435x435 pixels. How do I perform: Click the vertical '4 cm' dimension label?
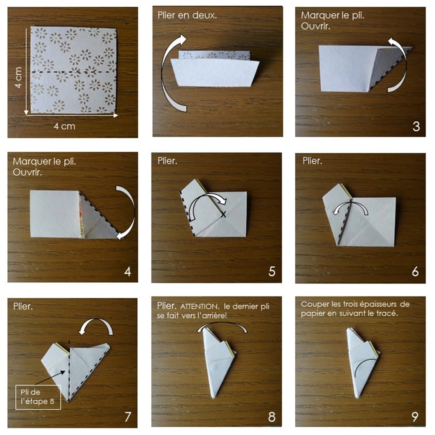click(x=18, y=77)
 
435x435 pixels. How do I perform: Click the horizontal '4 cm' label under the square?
click(x=64, y=126)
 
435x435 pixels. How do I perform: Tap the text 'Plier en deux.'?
click(x=187, y=15)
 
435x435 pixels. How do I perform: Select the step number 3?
click(x=416, y=127)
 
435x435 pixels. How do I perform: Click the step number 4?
click(x=128, y=271)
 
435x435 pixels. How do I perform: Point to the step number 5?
click(x=272, y=271)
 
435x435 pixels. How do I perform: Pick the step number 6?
click(x=415, y=271)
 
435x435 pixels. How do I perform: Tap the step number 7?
click(x=128, y=417)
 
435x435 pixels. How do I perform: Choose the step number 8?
click(x=272, y=417)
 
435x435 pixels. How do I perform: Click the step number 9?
click(x=415, y=417)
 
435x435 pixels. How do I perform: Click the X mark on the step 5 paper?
click(x=223, y=214)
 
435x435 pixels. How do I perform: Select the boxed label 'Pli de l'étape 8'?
click(x=38, y=397)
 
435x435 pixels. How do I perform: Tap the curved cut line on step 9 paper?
click(x=361, y=363)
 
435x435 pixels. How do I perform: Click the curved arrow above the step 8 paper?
click(x=222, y=323)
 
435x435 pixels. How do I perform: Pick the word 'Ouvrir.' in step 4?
click(x=27, y=172)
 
